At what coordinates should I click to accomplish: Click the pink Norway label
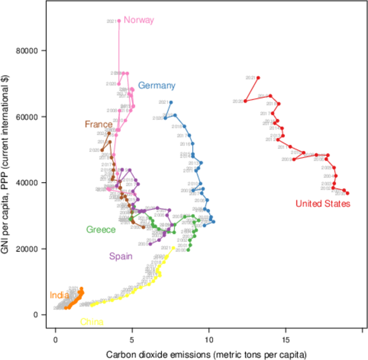pyautogui.click(x=139, y=20)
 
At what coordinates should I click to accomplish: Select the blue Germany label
pyautogui.click(x=157, y=85)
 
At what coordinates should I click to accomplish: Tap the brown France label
pyautogui.click(x=99, y=124)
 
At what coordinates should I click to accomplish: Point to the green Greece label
pyautogui.click(x=101, y=230)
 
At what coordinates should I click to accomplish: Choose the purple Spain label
pyautogui.click(x=121, y=256)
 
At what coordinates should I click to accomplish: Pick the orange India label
pyautogui.click(x=59, y=295)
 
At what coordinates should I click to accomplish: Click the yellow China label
pyautogui.click(x=92, y=322)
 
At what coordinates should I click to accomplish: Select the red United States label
pyautogui.click(x=323, y=204)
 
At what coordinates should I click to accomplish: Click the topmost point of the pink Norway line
pyautogui.click(x=119, y=21)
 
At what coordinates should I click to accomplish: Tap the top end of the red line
pyautogui.click(x=259, y=78)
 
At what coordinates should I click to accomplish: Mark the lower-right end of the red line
pyautogui.click(x=348, y=193)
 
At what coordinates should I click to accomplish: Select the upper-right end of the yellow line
pyautogui.click(x=174, y=247)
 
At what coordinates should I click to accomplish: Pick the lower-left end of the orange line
pyautogui.click(x=66, y=308)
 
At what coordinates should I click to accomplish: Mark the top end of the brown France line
pyautogui.click(x=109, y=133)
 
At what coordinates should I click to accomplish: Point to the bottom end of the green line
pyautogui.click(x=189, y=250)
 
